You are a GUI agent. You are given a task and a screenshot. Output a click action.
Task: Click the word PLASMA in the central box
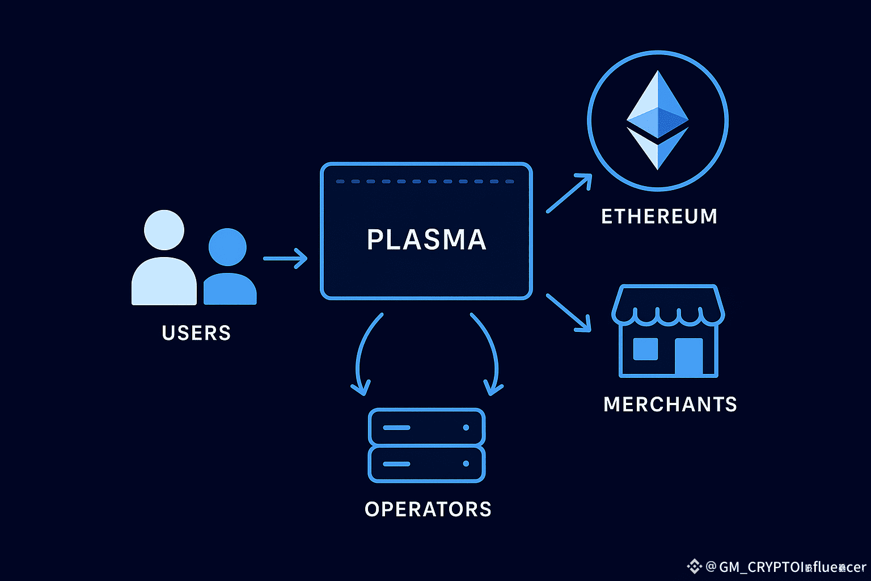click(426, 239)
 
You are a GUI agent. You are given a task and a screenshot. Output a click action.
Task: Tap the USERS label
click(196, 333)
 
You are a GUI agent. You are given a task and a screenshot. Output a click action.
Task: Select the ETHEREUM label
click(659, 217)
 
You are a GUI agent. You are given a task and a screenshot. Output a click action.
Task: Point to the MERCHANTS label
click(670, 405)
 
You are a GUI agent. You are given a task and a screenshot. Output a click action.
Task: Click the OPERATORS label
click(428, 510)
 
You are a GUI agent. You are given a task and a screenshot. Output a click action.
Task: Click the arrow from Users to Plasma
click(285, 259)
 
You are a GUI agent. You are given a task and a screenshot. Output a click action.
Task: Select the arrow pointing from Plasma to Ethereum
click(569, 193)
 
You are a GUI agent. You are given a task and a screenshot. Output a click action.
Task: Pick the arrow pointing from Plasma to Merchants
click(568, 312)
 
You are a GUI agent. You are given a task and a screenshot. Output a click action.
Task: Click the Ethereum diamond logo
click(657, 120)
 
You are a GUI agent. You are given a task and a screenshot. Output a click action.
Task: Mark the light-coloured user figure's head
click(164, 230)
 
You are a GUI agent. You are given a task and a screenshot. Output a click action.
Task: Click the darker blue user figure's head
click(227, 247)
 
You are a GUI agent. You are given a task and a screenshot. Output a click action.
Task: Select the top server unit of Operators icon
click(426, 427)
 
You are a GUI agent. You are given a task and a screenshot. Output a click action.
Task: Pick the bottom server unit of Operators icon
click(426, 464)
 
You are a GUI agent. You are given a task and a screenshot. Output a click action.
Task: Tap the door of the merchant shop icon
click(688, 356)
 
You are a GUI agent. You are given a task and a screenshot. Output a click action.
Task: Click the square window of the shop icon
click(645, 349)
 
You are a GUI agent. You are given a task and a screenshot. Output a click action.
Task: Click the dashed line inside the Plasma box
click(425, 182)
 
